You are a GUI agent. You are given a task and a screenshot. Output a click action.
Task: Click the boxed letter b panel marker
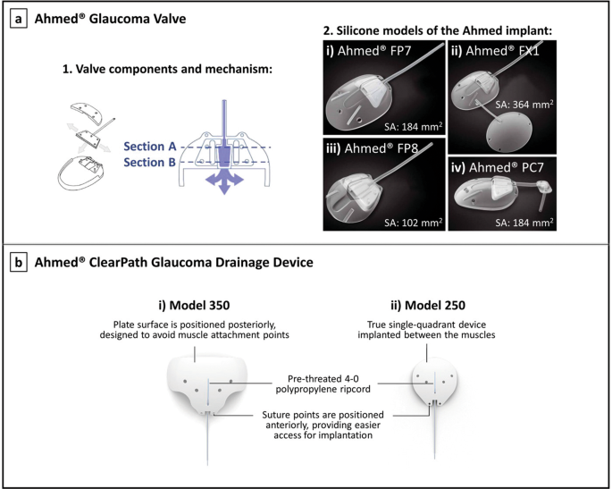click(x=19, y=265)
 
